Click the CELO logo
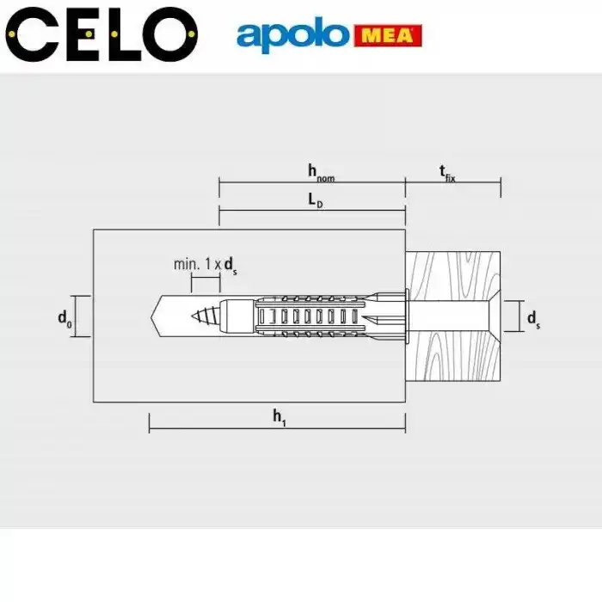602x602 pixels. pos(101,34)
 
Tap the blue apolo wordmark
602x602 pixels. pos(292,34)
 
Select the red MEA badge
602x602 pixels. pos(388,36)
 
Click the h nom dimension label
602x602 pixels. pos(321,173)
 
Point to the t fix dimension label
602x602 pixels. pos(447,173)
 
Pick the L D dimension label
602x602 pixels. pos(316,200)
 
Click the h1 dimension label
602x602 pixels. pos(279,417)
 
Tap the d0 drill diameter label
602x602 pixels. pos(64,319)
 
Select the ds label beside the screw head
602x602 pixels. pos(534,319)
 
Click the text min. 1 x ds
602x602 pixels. pos(206,265)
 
